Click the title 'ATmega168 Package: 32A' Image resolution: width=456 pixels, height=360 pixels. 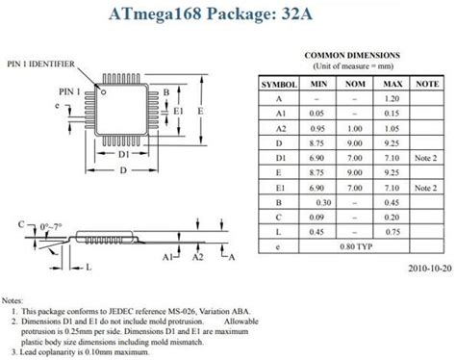(228, 13)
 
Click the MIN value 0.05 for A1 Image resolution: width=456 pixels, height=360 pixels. (314, 113)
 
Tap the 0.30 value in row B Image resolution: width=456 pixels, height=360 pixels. (324, 203)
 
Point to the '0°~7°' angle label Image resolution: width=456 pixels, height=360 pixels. (50, 226)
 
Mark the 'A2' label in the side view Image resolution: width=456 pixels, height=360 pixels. (197, 257)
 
